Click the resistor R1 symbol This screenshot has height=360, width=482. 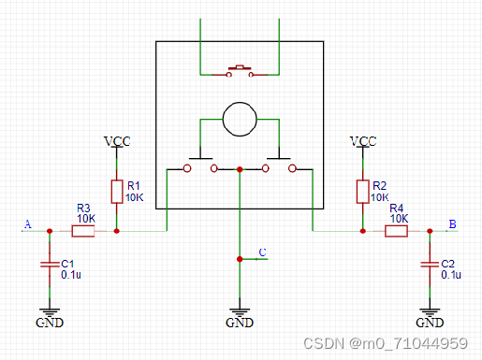click(116, 192)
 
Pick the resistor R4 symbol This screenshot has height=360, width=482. click(396, 230)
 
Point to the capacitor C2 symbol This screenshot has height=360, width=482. click(430, 266)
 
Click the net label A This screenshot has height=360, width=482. click(27, 224)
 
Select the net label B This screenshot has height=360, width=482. click(453, 224)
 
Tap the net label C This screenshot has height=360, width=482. click(262, 252)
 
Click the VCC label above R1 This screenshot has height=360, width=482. click(117, 141)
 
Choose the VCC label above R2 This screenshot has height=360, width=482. click(362, 141)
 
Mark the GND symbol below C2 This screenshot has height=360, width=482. click(430, 312)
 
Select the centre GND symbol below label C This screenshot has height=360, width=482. click(241, 312)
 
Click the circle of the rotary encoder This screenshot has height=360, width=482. click(240, 120)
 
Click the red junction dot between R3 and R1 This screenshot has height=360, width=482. click(116, 230)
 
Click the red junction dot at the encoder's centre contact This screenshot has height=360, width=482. click(241, 169)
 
